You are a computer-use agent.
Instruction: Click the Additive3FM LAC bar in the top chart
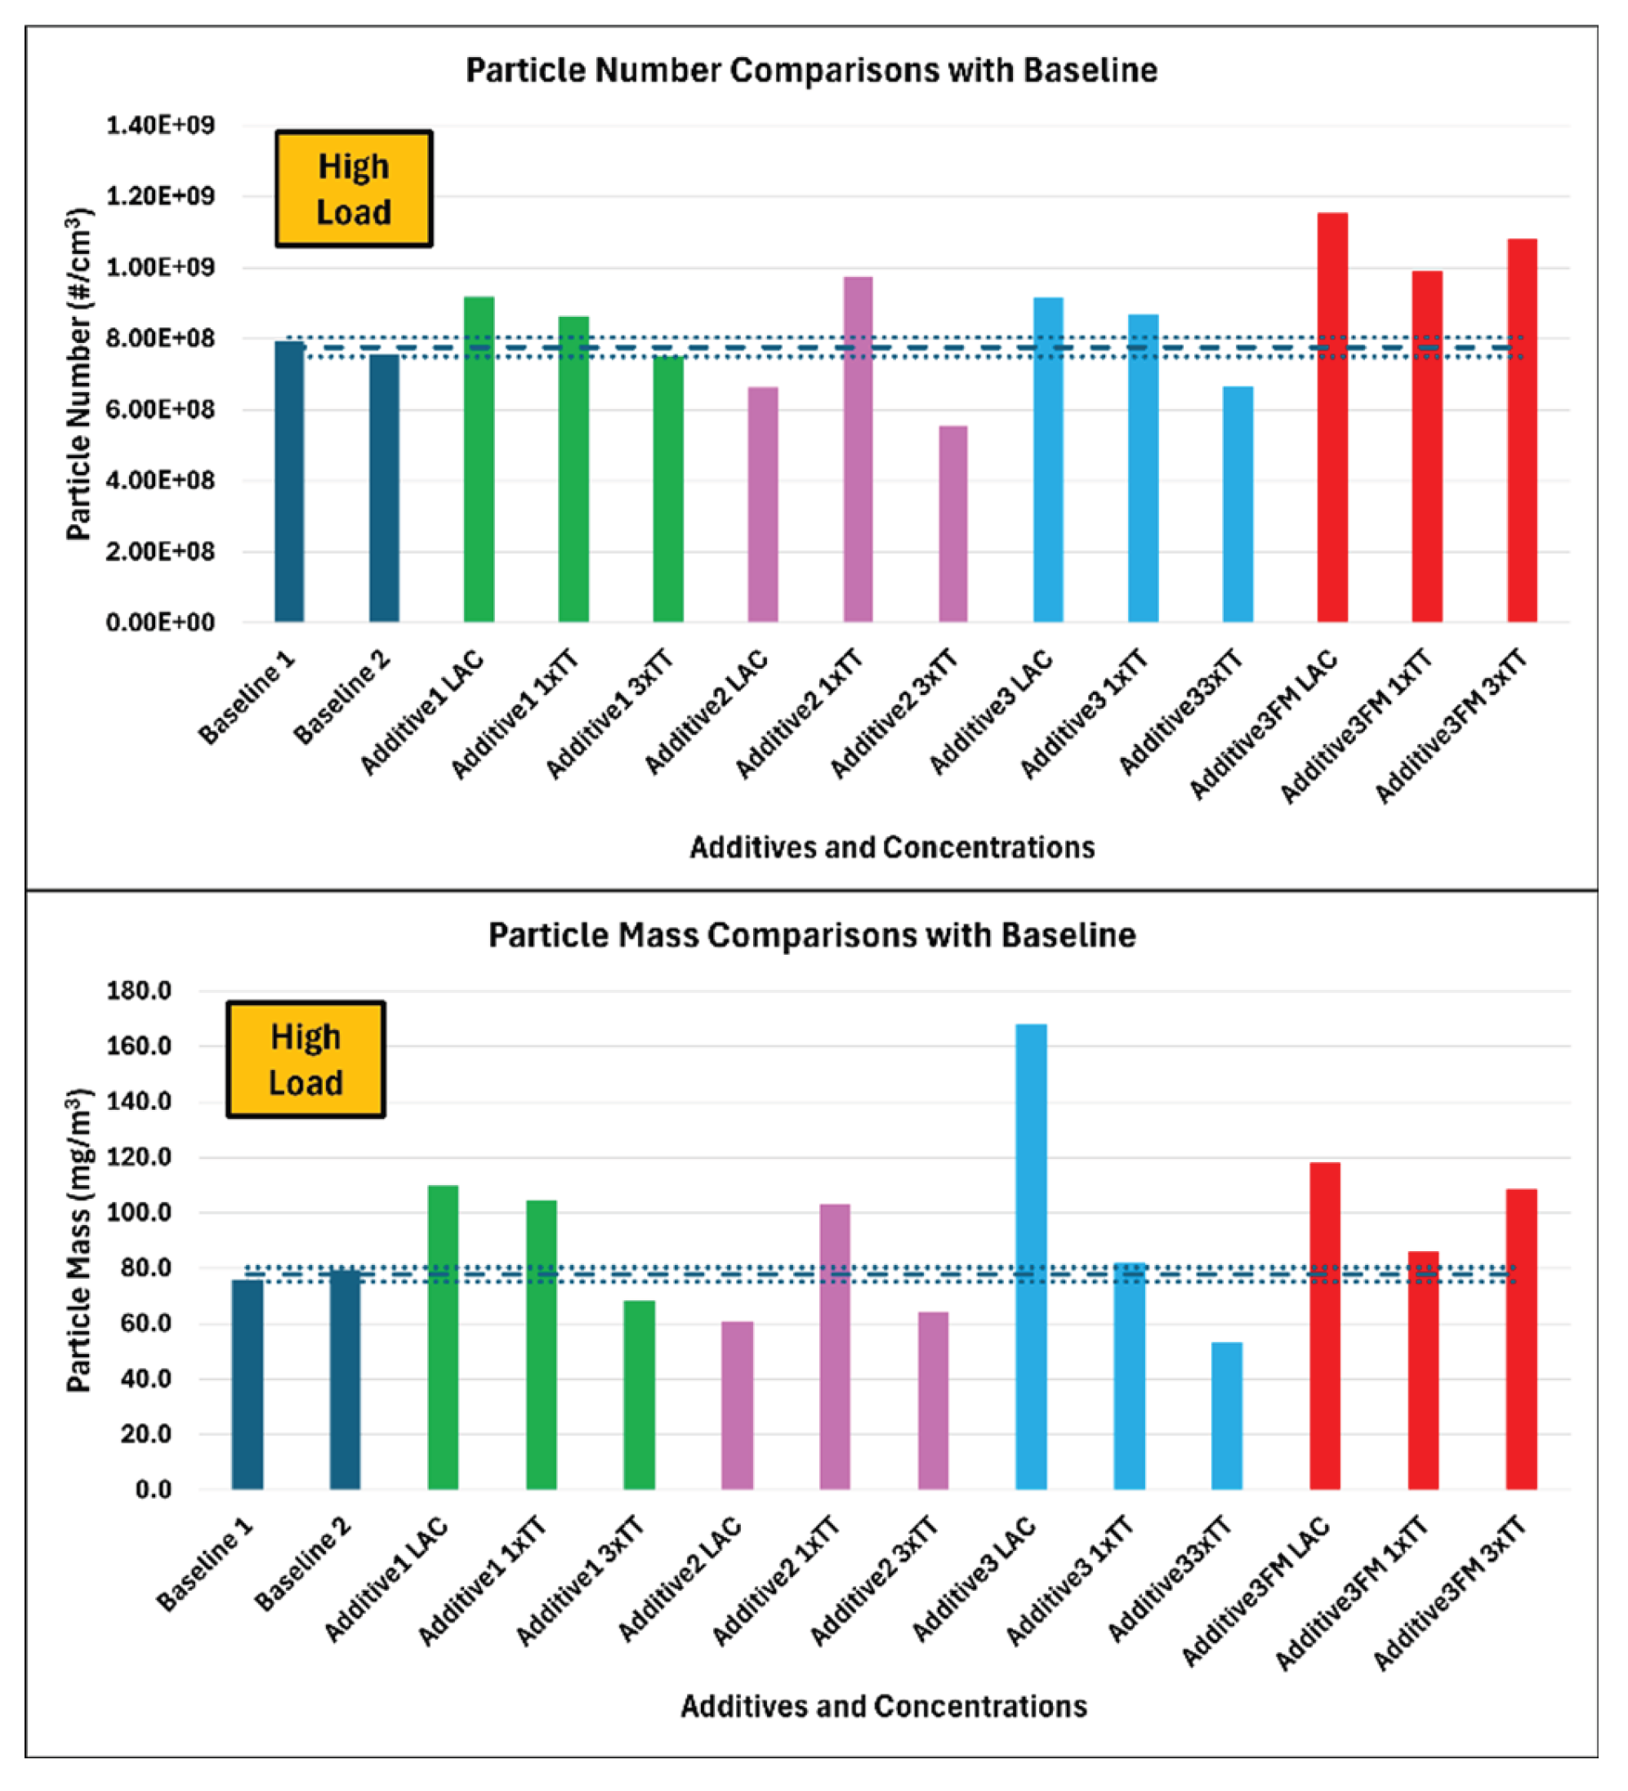pos(1332,417)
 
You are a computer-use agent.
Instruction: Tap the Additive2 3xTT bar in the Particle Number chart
pos(952,524)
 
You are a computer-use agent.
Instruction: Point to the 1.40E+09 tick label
pos(161,125)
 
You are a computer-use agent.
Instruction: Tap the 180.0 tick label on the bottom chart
pos(139,990)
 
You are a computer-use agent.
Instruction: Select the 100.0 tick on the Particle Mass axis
pos(139,1212)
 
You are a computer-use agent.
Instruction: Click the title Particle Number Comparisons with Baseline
pos(811,70)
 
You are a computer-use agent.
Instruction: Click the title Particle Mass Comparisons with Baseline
pos(811,935)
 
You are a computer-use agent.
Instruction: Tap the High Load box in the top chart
pos(354,189)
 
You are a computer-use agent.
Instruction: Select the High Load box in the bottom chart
pos(306,1059)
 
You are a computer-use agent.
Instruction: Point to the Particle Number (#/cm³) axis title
pos(79,373)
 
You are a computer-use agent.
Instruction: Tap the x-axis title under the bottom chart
pos(883,1707)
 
